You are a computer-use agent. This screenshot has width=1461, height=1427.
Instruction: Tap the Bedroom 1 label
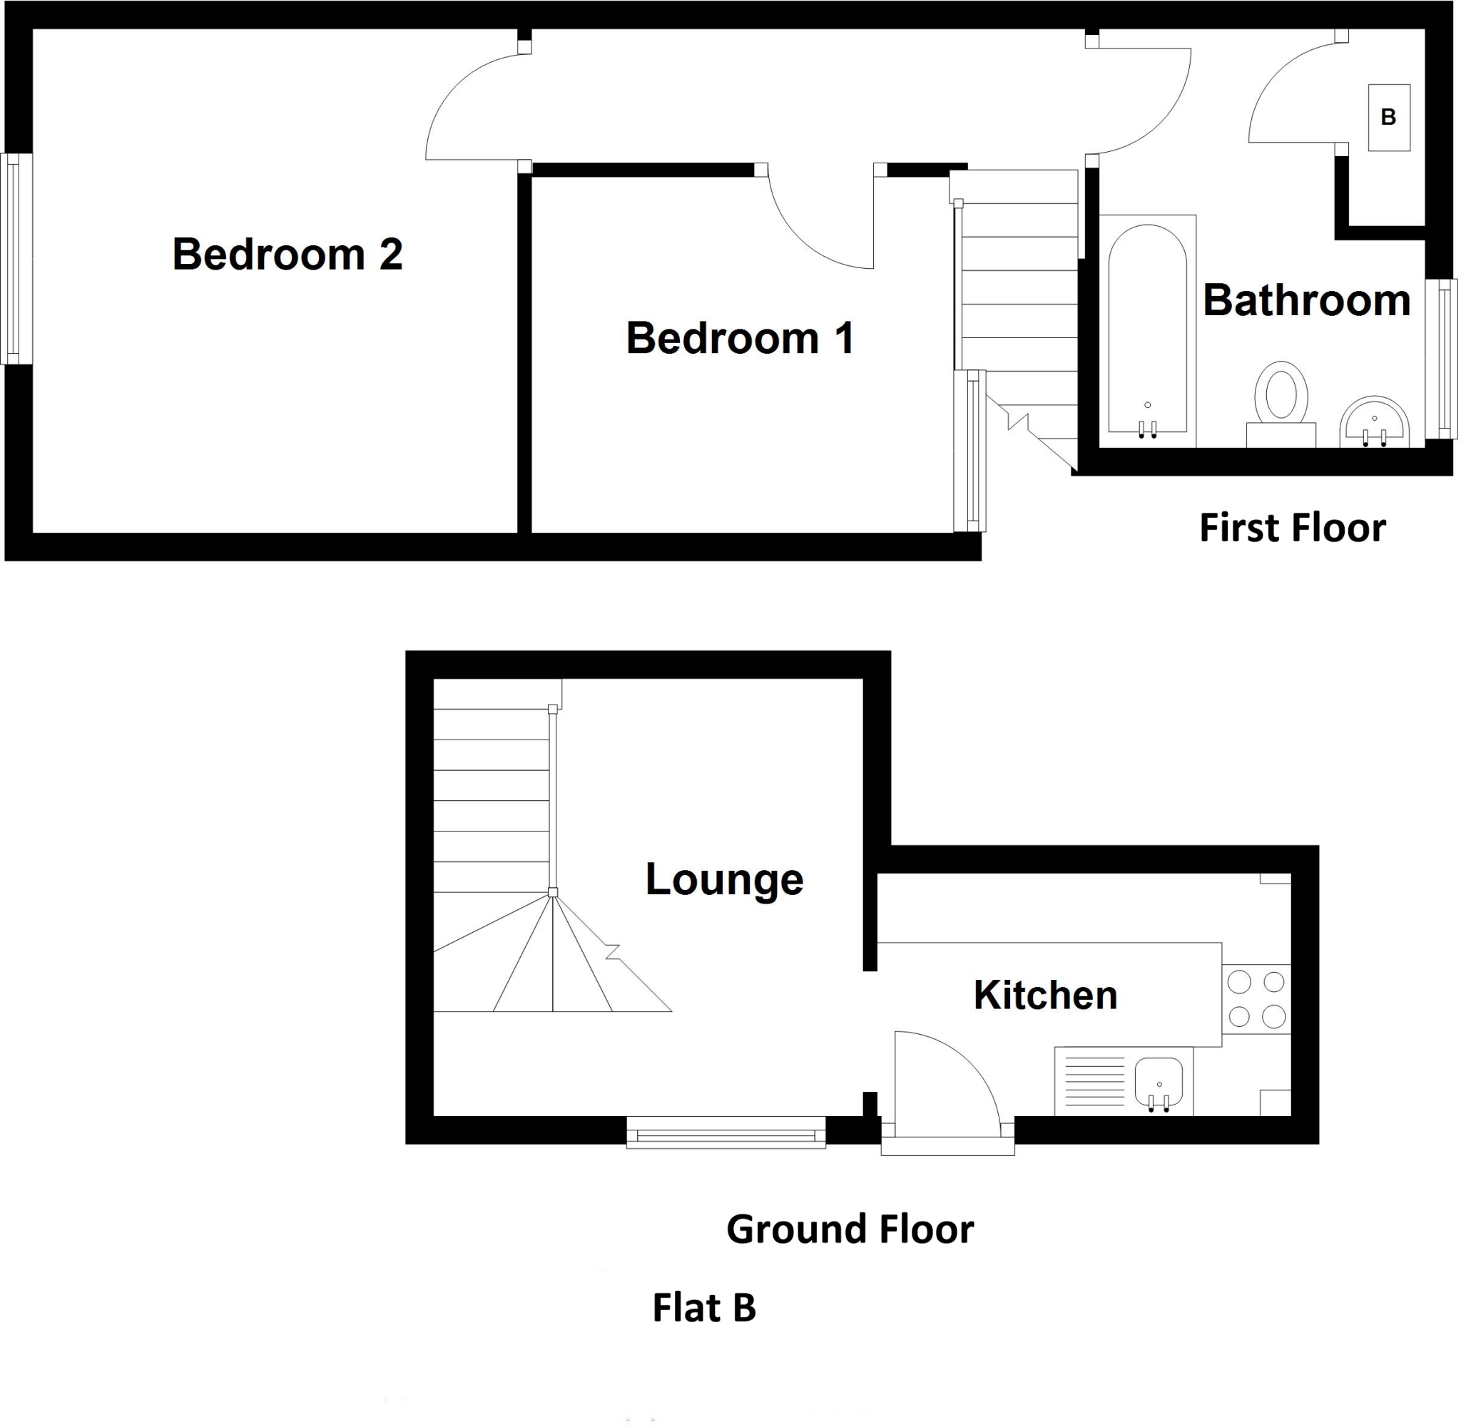(x=740, y=338)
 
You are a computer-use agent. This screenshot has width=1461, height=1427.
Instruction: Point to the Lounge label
(x=723, y=879)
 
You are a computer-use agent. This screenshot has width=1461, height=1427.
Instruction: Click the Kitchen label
(x=1045, y=996)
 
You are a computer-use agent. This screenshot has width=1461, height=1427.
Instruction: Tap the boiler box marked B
(x=1388, y=118)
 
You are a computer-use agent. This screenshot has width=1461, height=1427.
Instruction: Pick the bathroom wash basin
(x=1373, y=424)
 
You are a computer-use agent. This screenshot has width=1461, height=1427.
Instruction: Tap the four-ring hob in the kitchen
(x=1256, y=999)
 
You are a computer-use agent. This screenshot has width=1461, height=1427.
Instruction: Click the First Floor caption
(x=1292, y=528)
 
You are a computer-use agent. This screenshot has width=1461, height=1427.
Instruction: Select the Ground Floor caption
(x=850, y=1230)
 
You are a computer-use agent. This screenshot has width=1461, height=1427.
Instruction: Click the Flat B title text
(x=703, y=1308)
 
